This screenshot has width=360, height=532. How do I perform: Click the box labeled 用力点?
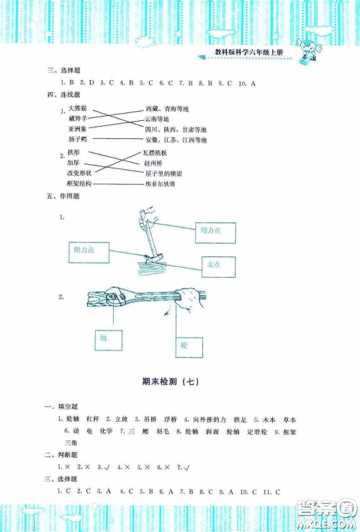click(212, 230)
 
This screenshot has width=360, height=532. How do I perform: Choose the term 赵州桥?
click(156, 164)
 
